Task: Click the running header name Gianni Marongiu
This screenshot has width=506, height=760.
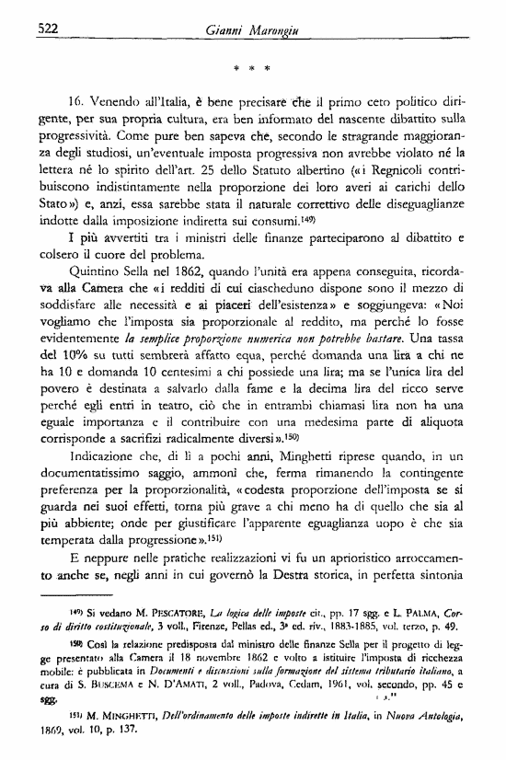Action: click(255, 29)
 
